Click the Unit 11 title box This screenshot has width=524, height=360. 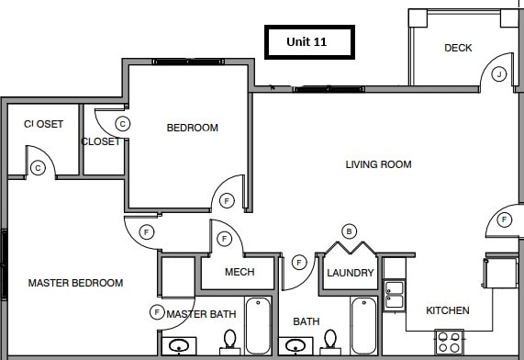click(307, 42)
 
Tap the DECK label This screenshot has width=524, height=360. click(458, 48)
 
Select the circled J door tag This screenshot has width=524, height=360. click(499, 73)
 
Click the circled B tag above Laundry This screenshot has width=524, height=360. click(349, 231)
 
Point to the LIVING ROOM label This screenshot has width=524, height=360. click(378, 164)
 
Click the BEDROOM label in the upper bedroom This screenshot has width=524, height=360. click(192, 128)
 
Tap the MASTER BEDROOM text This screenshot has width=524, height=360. click(75, 283)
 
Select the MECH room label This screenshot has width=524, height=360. click(240, 272)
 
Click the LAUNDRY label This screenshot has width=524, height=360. click(350, 273)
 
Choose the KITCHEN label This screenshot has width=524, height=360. click(448, 310)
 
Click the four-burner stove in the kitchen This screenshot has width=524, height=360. click(449, 343)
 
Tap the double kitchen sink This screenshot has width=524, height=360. click(394, 294)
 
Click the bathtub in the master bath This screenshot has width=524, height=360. click(259, 325)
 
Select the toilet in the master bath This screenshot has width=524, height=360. click(229, 342)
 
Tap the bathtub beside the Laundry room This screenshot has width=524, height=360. click(363, 325)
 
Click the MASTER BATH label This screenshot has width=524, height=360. click(202, 315)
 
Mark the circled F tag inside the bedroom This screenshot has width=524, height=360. click(227, 200)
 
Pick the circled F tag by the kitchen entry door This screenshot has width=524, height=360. click(505, 219)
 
